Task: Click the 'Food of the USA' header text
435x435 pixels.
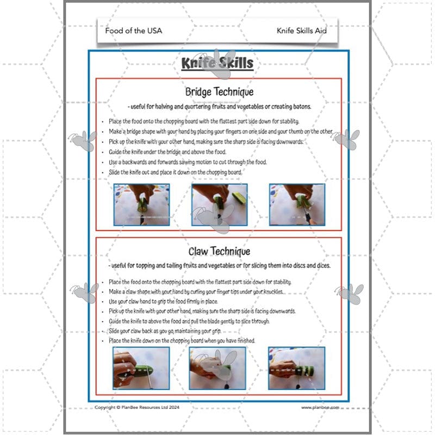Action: [x=133, y=30]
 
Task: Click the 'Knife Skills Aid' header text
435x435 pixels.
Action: [x=301, y=30]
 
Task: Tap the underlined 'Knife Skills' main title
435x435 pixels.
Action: [x=217, y=64]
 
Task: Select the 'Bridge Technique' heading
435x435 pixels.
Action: [x=219, y=92]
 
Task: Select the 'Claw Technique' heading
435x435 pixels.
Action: [x=219, y=251]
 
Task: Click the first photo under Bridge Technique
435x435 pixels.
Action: [x=141, y=204]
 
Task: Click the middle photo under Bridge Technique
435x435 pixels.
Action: [x=219, y=204]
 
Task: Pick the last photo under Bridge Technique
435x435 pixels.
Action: [x=297, y=204]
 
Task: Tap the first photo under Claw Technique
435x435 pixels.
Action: [x=141, y=368]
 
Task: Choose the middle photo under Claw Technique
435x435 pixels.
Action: [x=219, y=368]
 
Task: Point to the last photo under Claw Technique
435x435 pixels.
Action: [x=297, y=368]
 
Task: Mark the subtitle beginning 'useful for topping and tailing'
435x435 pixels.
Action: [x=219, y=266]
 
